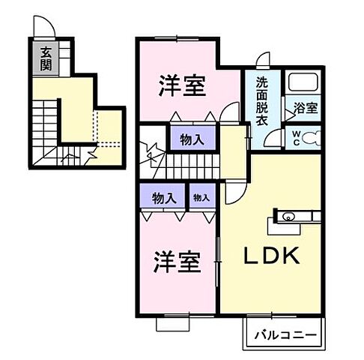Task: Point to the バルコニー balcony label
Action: click(x=285, y=334)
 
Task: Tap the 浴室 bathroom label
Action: click(x=304, y=107)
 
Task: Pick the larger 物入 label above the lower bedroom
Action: click(x=163, y=198)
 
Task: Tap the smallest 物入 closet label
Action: click(x=200, y=198)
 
